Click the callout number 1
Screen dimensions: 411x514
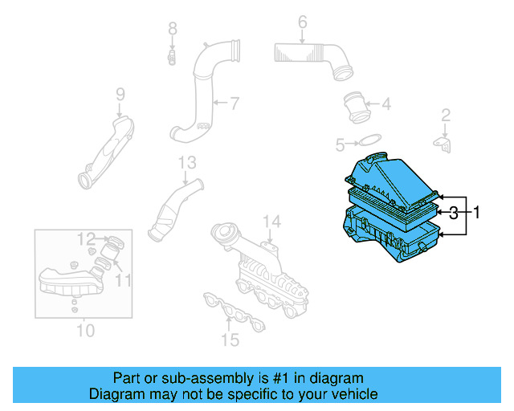pyautogui.click(x=475, y=213)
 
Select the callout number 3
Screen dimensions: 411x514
pyautogui.click(x=454, y=213)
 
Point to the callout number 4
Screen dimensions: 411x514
pyautogui.click(x=386, y=104)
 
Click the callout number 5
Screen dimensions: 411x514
pyautogui.click(x=340, y=144)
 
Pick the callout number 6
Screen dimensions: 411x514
pyautogui.click(x=302, y=22)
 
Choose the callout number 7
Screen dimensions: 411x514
pyautogui.click(x=235, y=103)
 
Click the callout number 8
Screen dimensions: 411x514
pyautogui.click(x=172, y=29)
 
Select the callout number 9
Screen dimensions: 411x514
pyautogui.click(x=120, y=95)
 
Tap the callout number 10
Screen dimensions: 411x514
pyautogui.click(x=84, y=330)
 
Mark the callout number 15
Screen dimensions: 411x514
pyautogui.click(x=230, y=340)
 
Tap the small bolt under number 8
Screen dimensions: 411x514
pyautogui.click(x=172, y=57)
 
